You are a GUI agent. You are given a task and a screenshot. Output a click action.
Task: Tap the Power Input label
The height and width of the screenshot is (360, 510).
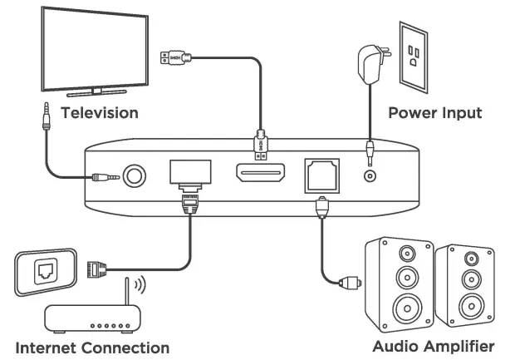point(434,111)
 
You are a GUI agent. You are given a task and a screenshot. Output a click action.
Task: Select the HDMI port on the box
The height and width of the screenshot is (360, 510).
point(260,176)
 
